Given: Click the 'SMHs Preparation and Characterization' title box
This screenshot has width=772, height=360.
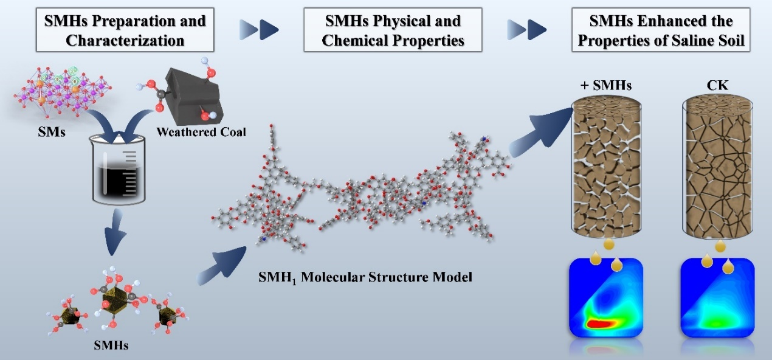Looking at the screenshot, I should (x=125, y=30).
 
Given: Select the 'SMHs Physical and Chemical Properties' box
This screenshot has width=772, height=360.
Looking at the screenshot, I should (x=393, y=30).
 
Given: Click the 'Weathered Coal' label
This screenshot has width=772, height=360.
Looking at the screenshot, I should (x=201, y=131).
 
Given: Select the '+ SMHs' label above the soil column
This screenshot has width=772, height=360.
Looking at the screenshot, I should (x=601, y=85).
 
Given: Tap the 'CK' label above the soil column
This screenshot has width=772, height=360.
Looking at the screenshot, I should (x=719, y=85).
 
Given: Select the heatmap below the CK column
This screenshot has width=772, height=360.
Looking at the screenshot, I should (x=717, y=297).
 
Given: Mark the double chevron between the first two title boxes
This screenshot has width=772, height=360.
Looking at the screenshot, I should (x=258, y=28).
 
